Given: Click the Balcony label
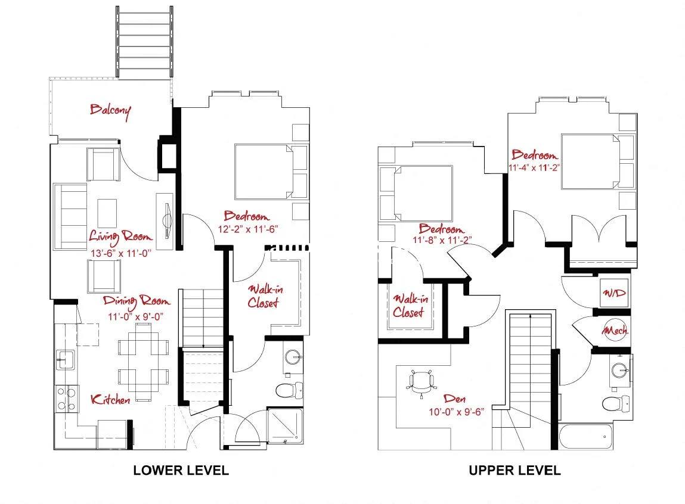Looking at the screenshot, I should pyautogui.click(x=110, y=110).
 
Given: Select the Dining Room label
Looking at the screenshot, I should pyautogui.click(x=136, y=301).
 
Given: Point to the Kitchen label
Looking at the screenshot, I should pyautogui.click(x=110, y=399).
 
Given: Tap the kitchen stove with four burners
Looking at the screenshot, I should pyautogui.click(x=67, y=399).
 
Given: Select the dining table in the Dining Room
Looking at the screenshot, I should pyautogui.click(x=143, y=362).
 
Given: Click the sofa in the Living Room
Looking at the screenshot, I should pyautogui.click(x=70, y=216).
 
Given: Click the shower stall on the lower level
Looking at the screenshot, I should pyautogui.click(x=285, y=424).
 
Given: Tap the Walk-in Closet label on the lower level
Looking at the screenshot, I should pyautogui.click(x=264, y=295).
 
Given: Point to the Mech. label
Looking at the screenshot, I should pyautogui.click(x=615, y=330).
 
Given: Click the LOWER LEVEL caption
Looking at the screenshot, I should pyautogui.click(x=181, y=470).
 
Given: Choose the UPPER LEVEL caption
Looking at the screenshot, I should pyautogui.click(x=514, y=470).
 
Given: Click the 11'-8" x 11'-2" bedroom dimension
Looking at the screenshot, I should pyautogui.click(x=442, y=241).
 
